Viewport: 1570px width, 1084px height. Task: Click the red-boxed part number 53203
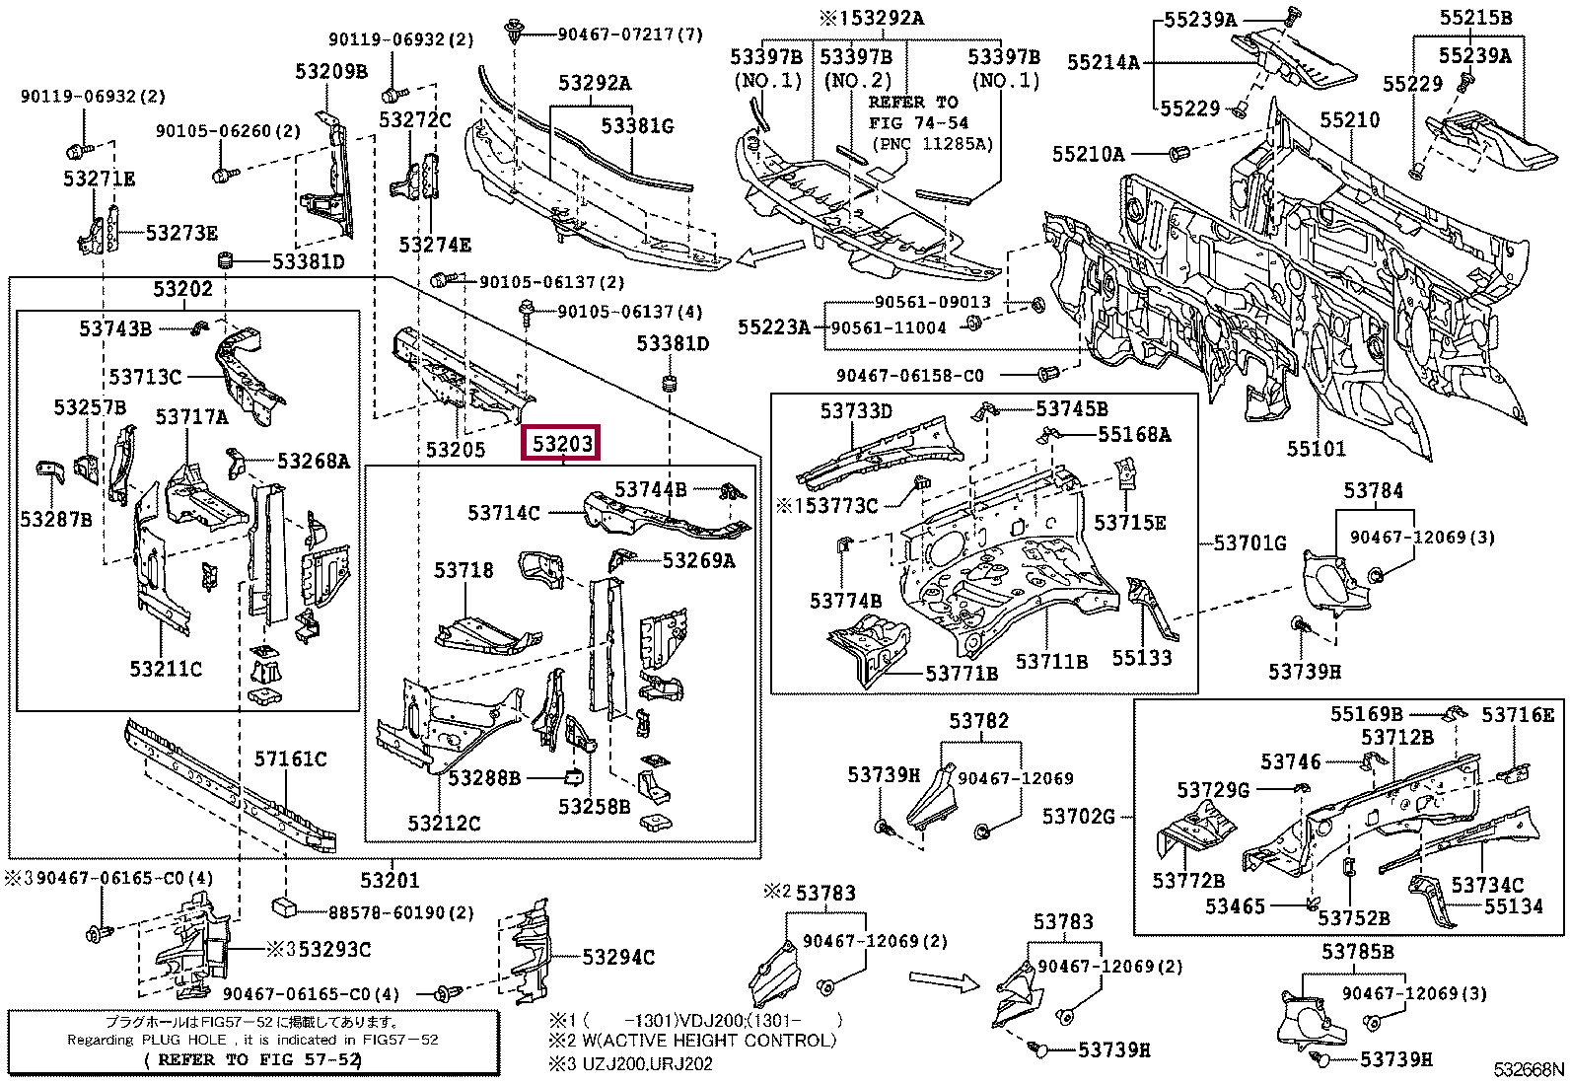562,444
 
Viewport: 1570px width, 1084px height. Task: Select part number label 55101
1316,450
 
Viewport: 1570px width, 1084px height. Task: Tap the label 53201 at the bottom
390,880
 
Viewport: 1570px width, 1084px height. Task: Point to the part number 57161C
290,759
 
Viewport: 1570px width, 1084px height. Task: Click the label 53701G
1249,542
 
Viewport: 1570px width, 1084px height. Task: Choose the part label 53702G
1079,816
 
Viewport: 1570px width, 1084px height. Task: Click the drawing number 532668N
1528,1070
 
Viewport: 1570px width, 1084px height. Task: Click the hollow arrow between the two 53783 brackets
942,979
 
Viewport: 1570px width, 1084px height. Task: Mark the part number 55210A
1088,154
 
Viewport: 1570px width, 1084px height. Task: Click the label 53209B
330,71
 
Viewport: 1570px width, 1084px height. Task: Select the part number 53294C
617,957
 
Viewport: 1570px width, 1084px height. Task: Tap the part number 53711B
1051,661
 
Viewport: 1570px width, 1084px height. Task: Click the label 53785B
1358,952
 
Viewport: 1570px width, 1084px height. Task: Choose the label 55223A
773,326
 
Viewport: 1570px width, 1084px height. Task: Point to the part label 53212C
444,823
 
